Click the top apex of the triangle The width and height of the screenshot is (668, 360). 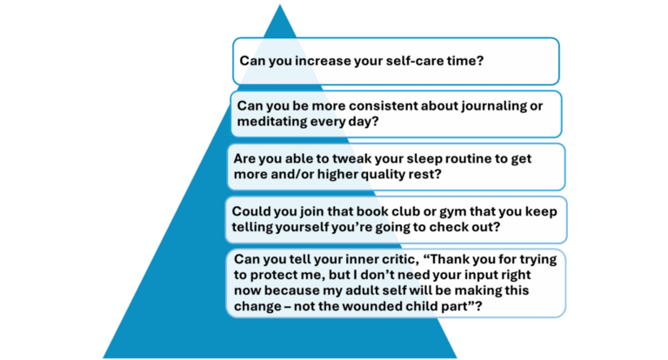click(280, 3)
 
